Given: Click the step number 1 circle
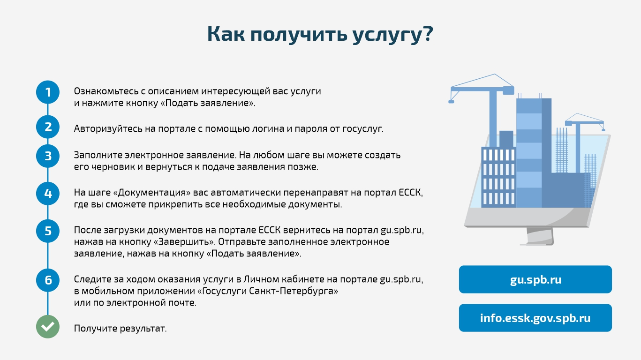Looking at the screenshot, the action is [48, 92].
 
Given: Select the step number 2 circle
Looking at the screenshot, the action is [48, 127].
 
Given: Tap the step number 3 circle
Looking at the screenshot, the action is [48, 156].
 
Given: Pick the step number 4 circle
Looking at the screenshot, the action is [48, 194].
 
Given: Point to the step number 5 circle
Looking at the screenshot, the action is [48, 231].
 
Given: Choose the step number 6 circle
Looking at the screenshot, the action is [48, 280].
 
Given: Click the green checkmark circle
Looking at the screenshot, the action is [48, 327].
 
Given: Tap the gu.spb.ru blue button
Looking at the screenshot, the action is [535, 279].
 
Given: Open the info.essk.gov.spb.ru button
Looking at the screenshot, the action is [535, 318].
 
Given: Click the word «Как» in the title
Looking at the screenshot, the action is [226, 34].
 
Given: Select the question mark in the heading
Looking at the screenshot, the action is [428, 34].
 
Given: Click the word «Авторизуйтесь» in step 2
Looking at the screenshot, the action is [108, 129].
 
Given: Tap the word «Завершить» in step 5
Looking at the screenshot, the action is [184, 242].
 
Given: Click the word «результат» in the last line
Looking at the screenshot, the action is [143, 329].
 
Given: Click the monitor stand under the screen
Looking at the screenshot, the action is [539, 236].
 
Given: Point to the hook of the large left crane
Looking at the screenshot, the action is [451, 102].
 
